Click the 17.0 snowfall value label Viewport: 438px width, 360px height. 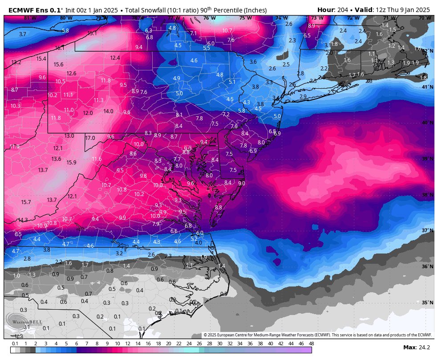[90, 138]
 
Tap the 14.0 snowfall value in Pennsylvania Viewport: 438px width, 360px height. [108, 112]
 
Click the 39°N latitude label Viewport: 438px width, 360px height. [427, 159]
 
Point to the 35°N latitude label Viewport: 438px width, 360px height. [427, 303]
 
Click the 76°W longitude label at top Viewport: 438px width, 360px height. [209, 18]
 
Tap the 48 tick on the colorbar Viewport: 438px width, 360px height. [311, 344]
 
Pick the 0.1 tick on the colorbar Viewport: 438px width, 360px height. [15, 344]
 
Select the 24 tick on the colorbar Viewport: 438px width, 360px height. [189, 344]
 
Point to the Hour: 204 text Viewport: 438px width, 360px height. [333, 10]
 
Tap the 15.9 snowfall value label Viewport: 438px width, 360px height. [71, 163]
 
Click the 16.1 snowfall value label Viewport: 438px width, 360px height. [60, 48]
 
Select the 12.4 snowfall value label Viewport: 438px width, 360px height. [115, 58]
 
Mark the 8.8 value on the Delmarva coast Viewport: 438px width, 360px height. [218, 208]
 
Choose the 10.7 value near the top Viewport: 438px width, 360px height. [227, 31]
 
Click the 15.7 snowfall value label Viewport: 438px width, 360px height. [26, 202]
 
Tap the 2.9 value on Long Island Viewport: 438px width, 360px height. [303, 97]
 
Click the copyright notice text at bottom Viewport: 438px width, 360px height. [318, 335]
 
